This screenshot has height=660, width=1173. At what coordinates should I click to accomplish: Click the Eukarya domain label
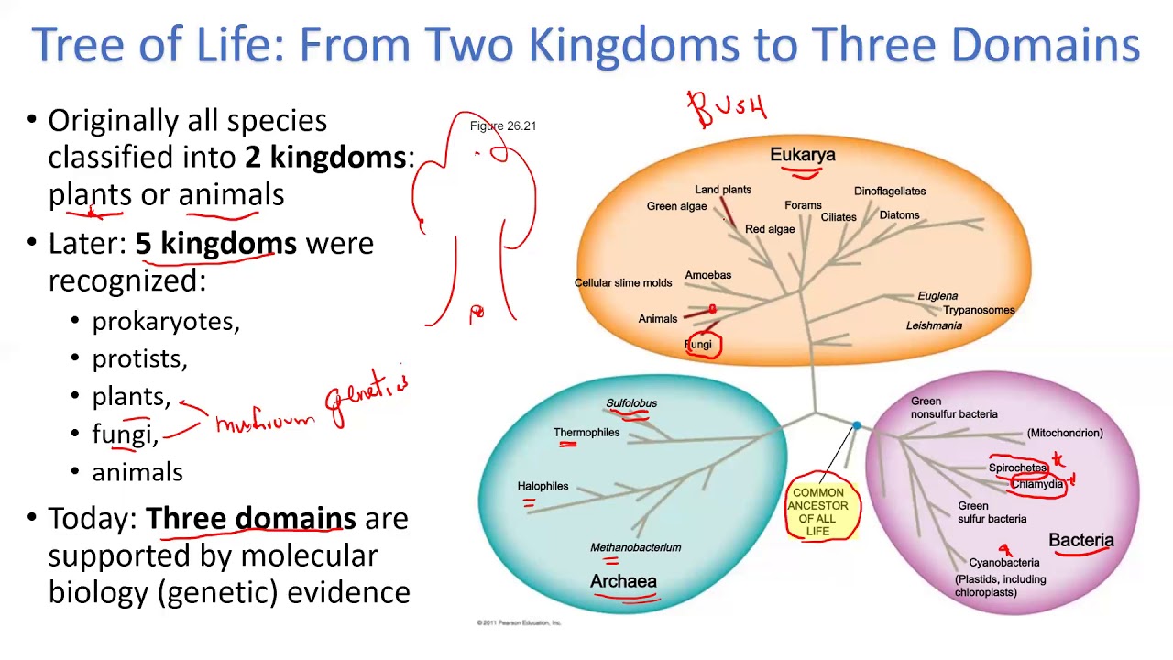tap(802, 155)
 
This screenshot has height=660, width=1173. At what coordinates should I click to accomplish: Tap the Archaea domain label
tap(623, 581)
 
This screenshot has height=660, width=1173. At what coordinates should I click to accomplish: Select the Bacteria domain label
tap(1080, 540)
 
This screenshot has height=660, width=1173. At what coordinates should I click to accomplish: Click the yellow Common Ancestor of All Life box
tap(818, 511)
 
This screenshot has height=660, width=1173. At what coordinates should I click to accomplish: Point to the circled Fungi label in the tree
tap(698, 345)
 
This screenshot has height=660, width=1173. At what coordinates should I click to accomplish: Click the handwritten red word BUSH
tap(728, 109)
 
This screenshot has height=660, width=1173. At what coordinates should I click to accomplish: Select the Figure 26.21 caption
tap(502, 126)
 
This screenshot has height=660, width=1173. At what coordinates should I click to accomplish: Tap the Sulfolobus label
tap(631, 403)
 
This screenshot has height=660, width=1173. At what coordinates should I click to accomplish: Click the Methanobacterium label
tap(635, 547)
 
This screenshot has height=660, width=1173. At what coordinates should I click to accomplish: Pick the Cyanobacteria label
tap(1003, 563)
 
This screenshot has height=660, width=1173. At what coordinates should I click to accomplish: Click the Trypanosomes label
tap(979, 310)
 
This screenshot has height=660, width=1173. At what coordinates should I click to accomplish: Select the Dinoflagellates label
tap(889, 192)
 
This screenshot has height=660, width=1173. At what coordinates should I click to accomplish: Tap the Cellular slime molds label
tap(623, 283)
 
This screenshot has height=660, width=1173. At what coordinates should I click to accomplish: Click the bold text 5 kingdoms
tap(216, 244)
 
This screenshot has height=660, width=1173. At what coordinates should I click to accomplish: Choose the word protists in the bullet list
tap(138, 359)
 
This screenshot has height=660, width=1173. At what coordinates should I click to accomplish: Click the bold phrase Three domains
tap(250, 519)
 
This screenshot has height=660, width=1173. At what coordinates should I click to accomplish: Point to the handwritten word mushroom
tap(265, 423)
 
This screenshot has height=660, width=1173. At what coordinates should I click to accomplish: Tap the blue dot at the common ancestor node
tap(857, 425)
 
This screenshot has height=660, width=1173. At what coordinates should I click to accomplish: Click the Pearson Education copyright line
tap(519, 622)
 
